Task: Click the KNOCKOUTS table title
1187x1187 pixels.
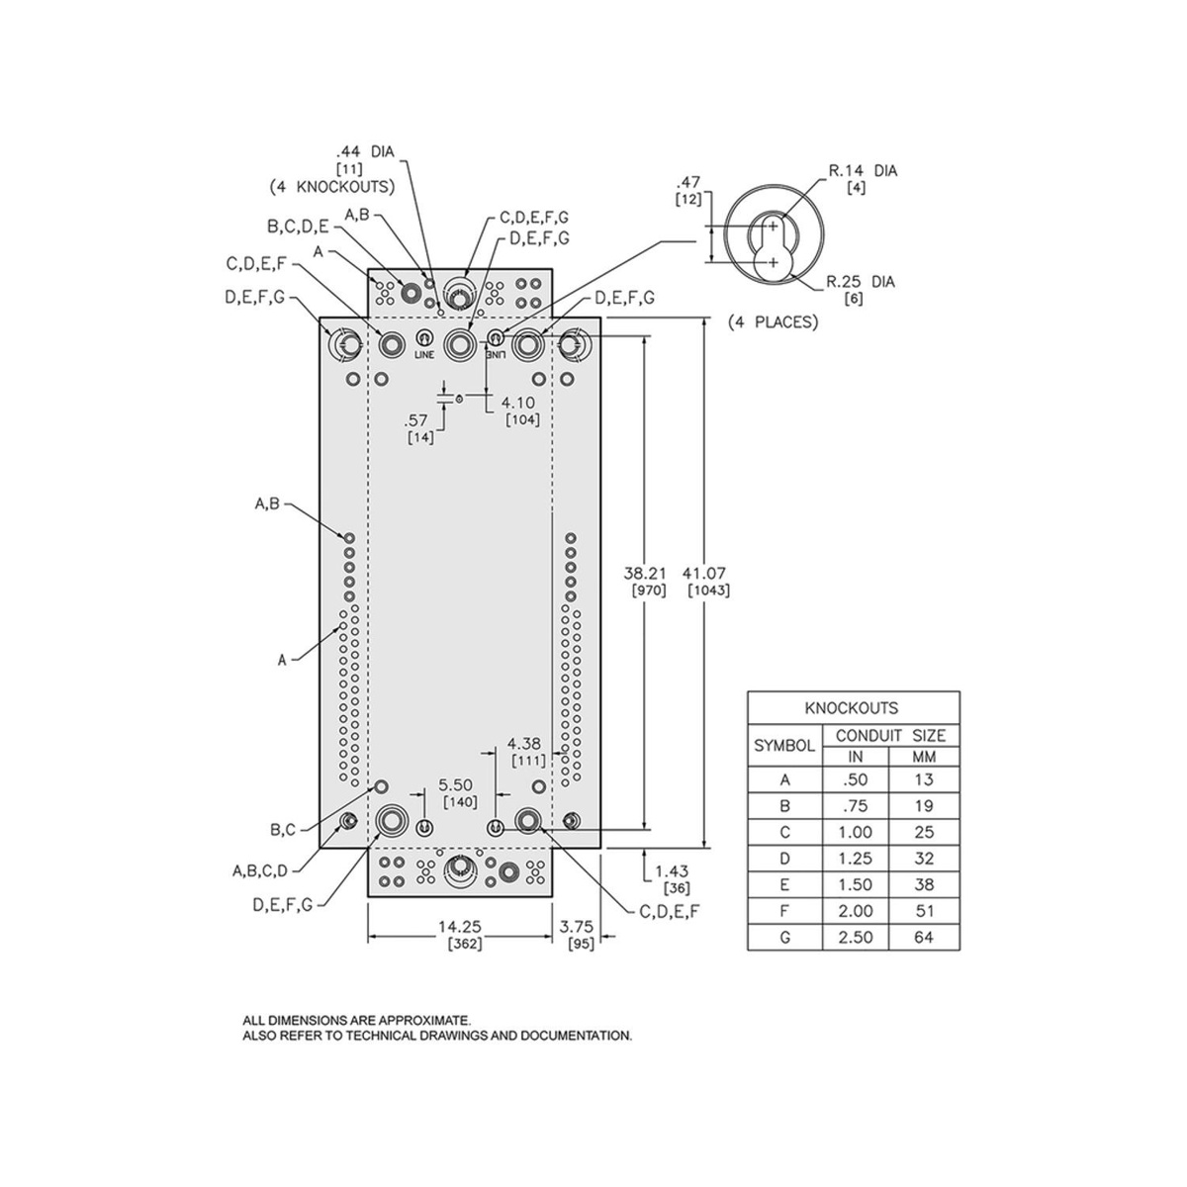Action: pyautogui.click(x=852, y=708)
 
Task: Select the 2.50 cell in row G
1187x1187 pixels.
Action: pyautogui.click(x=855, y=937)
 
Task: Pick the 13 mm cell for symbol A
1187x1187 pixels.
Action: pyautogui.click(x=924, y=779)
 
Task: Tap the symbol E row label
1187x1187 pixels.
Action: pyautogui.click(x=784, y=884)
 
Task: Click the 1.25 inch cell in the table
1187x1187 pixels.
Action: pyautogui.click(x=855, y=858)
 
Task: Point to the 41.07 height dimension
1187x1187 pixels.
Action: pyautogui.click(x=704, y=574)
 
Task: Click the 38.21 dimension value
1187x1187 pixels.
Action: pyautogui.click(x=645, y=574)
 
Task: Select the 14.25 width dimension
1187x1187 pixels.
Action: pyautogui.click(x=460, y=927)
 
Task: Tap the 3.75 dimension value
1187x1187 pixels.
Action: pyautogui.click(x=576, y=927)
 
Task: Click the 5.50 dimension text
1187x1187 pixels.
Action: pyautogui.click(x=455, y=784)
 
